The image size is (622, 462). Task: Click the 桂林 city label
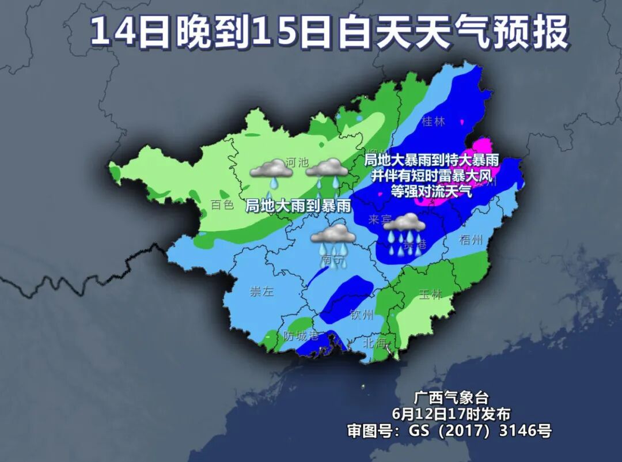(x=434, y=122)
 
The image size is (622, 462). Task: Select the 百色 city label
(x=222, y=205)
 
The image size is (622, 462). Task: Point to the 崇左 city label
(x=261, y=291)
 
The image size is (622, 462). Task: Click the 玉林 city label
(x=430, y=294)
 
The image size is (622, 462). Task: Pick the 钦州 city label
(x=362, y=315)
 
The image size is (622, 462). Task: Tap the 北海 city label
(x=374, y=342)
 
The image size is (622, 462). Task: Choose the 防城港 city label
(x=301, y=336)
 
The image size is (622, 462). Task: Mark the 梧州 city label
(x=471, y=240)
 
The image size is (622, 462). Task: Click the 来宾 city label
(x=380, y=219)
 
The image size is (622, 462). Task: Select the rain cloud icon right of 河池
(x=327, y=173)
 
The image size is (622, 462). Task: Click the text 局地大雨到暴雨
(x=298, y=206)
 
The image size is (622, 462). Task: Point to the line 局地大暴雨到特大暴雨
(x=432, y=160)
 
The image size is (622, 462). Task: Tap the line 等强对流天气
(x=432, y=191)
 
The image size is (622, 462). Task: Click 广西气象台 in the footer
(x=451, y=397)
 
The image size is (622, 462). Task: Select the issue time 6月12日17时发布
(x=451, y=414)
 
